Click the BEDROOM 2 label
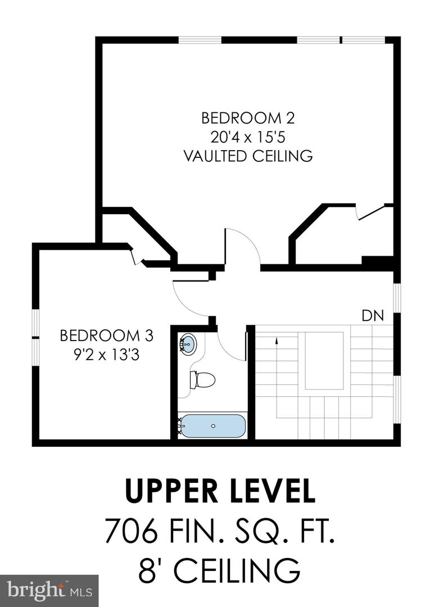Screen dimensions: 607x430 [x=248, y=118]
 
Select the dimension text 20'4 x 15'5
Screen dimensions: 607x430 [x=248, y=137]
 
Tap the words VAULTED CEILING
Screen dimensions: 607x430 [x=248, y=156]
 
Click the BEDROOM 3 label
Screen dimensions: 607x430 [x=106, y=336]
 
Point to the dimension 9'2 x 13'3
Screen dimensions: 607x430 [x=106, y=355]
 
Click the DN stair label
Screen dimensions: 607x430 [x=373, y=316]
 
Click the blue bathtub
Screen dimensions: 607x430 [x=212, y=426]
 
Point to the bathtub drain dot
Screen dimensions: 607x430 [x=214, y=426]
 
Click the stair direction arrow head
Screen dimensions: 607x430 [x=277, y=339]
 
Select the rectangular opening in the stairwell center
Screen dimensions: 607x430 [x=324, y=360]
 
